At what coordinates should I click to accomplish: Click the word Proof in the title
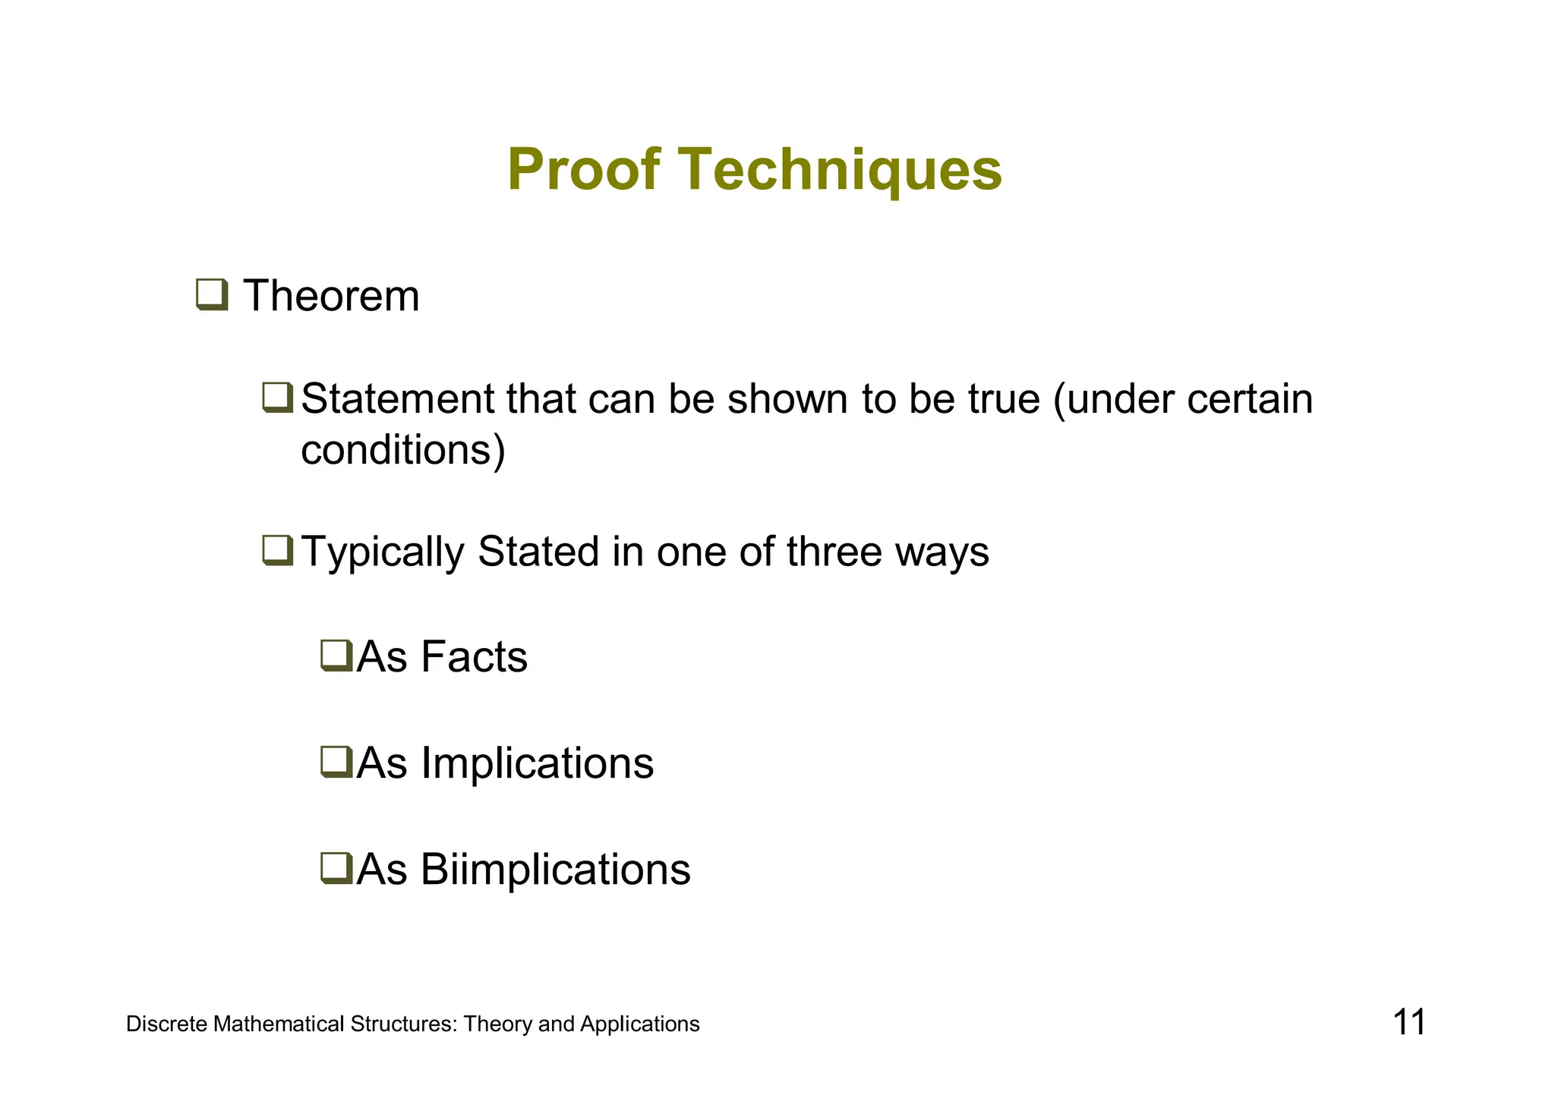coord(583,170)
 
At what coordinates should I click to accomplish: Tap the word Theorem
coord(331,296)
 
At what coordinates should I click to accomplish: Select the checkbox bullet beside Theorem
coord(212,294)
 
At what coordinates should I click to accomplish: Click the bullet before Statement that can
coord(277,398)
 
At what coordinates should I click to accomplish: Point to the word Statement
coord(397,399)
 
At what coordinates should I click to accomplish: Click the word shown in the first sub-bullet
coord(787,399)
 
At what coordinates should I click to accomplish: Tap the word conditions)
coord(402,451)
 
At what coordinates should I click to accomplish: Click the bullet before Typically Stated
coord(277,550)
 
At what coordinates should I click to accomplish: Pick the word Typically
coord(383,552)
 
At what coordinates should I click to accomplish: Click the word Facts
coord(474,657)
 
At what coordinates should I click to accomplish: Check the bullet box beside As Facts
coord(336,656)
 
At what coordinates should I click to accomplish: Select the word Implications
coord(537,763)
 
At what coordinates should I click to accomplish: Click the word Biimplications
coord(555,870)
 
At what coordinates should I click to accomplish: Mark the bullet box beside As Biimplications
coord(336,868)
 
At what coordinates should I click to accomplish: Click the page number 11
coord(1408,1023)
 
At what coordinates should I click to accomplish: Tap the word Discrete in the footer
coord(166,1024)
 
